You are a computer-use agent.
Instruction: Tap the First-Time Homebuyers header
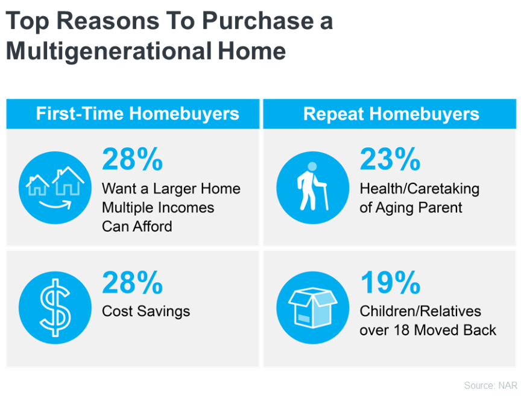tap(137, 113)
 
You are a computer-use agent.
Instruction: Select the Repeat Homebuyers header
tap(391, 114)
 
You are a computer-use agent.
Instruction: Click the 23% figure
tap(390, 159)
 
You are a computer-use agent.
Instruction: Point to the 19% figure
tap(391, 283)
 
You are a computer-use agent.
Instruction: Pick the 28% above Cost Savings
tap(132, 283)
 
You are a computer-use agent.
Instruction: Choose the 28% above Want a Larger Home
tap(132, 159)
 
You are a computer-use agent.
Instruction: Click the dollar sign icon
tap(55, 308)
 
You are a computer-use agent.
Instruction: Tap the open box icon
tap(313, 308)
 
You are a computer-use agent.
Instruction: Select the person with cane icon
tap(312, 186)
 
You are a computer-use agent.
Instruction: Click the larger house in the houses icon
tap(68, 181)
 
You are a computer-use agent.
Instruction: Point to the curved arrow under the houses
tap(55, 205)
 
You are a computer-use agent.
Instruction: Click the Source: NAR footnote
tap(490, 385)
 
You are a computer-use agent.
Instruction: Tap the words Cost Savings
tap(146, 311)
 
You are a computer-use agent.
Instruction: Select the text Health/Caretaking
tap(419, 189)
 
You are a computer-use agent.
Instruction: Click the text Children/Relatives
tap(420, 311)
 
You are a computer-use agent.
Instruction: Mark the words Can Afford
tap(137, 227)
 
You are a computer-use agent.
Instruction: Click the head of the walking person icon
tap(312, 166)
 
